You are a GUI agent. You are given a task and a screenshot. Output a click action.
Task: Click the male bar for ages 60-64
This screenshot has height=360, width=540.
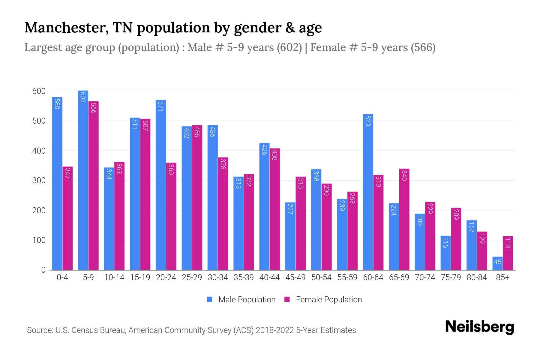pos(368,192)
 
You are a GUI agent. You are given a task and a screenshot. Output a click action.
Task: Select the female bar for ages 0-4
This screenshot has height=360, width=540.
pos(67,218)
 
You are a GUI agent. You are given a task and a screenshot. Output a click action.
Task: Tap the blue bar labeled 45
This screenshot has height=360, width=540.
pos(497,263)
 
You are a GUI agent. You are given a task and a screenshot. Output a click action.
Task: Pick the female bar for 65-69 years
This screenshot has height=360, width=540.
pos(404,219)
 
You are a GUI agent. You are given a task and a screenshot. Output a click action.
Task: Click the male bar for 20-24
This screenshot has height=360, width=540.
pos(161,185)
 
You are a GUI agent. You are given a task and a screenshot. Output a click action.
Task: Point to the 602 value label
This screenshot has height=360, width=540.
pos(83,97)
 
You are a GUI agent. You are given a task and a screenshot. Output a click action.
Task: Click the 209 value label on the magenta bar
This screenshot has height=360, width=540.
pos(456,214)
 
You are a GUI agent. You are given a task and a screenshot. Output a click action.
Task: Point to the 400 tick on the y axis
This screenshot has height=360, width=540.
pos(39,151)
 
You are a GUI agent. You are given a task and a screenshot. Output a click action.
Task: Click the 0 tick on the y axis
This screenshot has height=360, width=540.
pos(43,270)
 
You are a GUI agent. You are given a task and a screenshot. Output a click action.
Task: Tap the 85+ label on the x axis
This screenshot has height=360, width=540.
pos(502,277)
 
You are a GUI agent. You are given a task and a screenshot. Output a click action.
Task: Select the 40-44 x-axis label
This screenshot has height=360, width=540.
pos(269,277)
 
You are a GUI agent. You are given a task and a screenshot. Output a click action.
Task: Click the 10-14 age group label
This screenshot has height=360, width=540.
pos(114,277)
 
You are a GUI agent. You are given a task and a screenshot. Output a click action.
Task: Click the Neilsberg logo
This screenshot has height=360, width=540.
pos(479,327)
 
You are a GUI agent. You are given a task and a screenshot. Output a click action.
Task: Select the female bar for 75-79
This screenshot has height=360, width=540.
pos(456,239)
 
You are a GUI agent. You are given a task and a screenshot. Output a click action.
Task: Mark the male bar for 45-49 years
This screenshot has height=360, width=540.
pos(290,236)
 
